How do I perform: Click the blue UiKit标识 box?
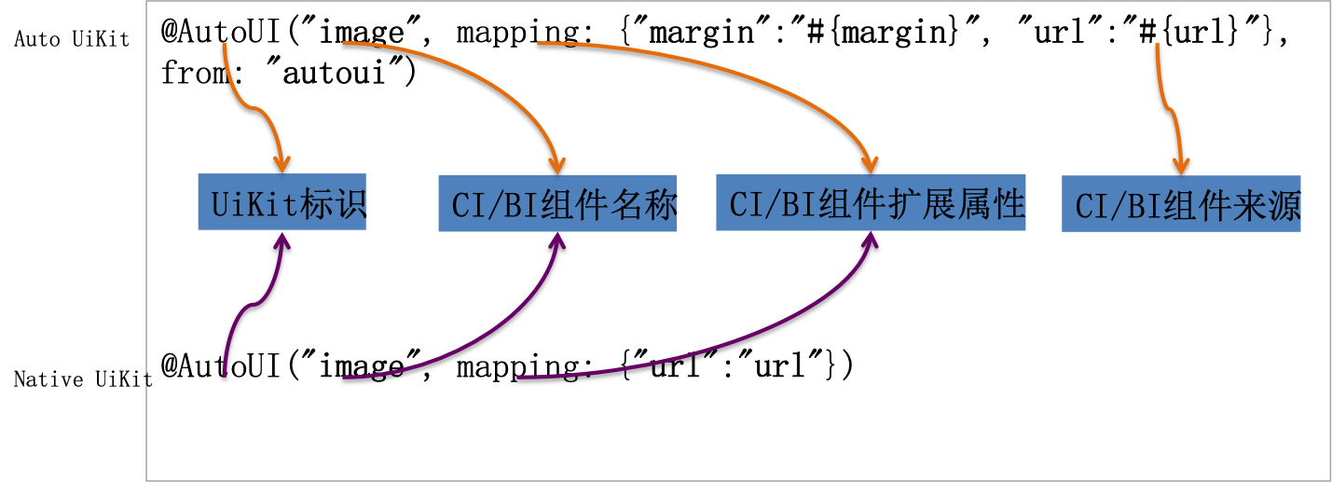pos(282,201)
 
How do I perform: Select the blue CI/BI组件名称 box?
pos(557,203)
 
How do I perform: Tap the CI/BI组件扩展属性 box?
pos(871,202)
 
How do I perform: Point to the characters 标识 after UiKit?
pos(332,203)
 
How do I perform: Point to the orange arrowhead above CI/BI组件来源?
pos(1181,165)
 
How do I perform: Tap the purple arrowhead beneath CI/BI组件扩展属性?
pos(870,241)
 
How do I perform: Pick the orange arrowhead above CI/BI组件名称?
pos(557,165)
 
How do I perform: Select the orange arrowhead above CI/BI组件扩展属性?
pos(871,164)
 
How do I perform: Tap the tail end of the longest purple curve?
pos(519,378)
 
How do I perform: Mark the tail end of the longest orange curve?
pos(539,43)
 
